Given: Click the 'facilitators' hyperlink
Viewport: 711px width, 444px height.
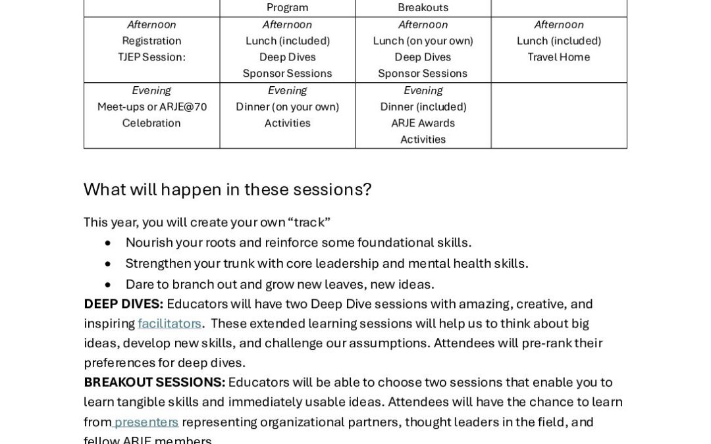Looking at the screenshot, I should [x=169, y=324].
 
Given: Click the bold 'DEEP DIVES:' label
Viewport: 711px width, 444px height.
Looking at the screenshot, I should [x=123, y=304].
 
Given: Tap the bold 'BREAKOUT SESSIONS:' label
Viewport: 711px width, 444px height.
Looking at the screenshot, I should [x=154, y=383].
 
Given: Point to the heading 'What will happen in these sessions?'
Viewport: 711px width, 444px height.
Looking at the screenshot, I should [x=227, y=189].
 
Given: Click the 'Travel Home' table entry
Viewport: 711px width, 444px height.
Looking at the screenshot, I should [x=558, y=57].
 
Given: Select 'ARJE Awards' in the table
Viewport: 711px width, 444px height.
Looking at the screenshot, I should [x=423, y=123].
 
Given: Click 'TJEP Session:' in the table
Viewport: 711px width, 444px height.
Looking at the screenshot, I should [x=151, y=57].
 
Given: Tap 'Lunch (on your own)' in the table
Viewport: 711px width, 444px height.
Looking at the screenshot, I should [x=423, y=41].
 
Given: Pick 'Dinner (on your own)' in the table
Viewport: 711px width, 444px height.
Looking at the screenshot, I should [x=287, y=107].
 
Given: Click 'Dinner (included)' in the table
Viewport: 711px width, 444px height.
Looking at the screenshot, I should [x=423, y=107].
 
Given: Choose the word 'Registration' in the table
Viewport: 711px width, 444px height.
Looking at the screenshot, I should [x=151, y=41].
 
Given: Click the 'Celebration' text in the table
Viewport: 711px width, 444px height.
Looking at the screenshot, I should [x=151, y=123].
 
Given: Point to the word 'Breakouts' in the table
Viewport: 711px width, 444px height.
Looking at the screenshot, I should [x=423, y=8].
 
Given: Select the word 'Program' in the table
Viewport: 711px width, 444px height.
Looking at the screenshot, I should [x=287, y=8].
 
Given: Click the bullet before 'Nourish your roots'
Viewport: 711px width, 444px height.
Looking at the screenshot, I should [x=108, y=243].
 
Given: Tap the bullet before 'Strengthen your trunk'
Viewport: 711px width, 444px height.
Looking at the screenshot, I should [x=108, y=264].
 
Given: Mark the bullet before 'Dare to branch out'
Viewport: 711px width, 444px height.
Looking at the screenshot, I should [x=108, y=285].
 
